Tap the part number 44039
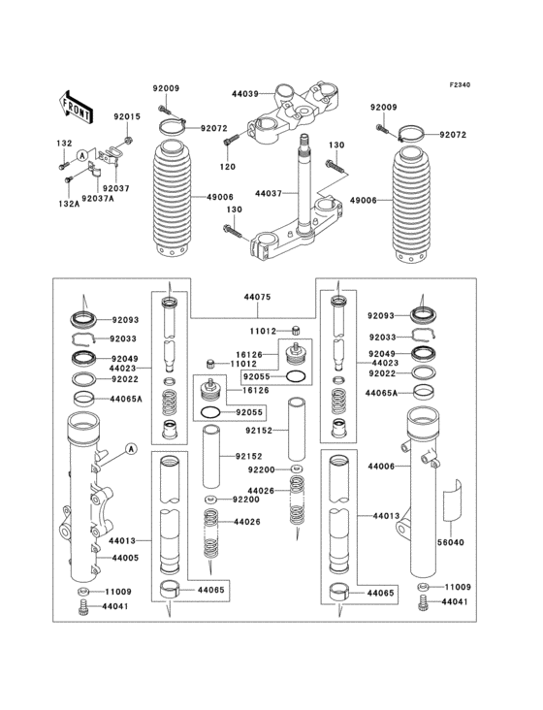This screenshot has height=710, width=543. (x=243, y=94)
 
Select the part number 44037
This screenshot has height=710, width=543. (x=269, y=194)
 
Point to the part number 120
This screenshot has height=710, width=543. (x=227, y=167)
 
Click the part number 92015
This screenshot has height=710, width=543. (x=127, y=116)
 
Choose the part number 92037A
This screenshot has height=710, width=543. (x=98, y=198)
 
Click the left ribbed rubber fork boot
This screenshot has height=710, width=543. (x=174, y=199)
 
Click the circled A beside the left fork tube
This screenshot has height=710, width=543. (x=130, y=449)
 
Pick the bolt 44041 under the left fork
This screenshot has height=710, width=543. (x=83, y=607)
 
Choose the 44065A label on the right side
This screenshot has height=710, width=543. (x=382, y=394)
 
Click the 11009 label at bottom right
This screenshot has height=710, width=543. (x=459, y=588)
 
